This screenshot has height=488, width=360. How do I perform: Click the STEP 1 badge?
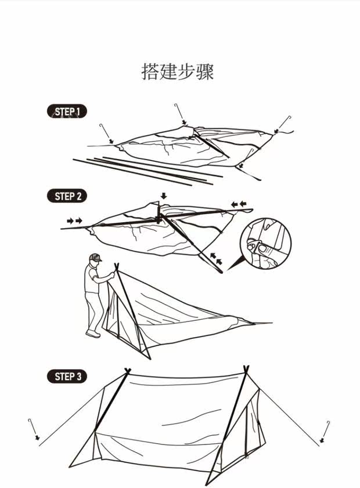pos(66,111)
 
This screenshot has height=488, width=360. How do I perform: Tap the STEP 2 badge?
pos(66,196)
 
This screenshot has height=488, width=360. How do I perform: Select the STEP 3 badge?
pos(66,377)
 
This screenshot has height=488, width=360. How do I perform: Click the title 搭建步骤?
pos(178,72)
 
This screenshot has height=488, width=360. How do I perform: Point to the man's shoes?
pos(93,334)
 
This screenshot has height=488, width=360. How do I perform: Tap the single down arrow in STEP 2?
pos(164,196)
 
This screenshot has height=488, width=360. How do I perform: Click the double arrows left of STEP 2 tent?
pos(74,220)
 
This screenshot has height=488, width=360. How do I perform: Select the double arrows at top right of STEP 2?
pos(238,204)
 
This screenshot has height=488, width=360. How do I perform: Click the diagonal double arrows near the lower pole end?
pos(216,259)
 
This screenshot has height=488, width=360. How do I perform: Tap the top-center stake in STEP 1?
pos(180,113)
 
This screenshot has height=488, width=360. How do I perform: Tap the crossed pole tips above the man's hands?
pos(116,266)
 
